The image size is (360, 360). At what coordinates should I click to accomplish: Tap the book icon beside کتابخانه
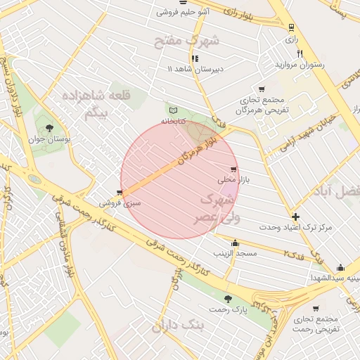(x=174, y=110)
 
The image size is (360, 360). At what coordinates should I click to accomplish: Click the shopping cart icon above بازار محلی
(x=233, y=169)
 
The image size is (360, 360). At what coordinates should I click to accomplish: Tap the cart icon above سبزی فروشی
(x=120, y=192)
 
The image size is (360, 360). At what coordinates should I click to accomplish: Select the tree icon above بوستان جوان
(x=49, y=128)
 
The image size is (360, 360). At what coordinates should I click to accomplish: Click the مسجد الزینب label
(x=236, y=252)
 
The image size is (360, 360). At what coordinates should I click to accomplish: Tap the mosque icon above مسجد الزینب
(x=235, y=243)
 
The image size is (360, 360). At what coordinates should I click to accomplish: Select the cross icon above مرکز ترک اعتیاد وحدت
(x=295, y=217)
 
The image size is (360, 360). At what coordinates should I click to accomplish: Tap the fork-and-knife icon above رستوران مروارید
(x=300, y=53)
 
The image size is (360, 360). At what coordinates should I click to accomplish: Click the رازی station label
(x=291, y=39)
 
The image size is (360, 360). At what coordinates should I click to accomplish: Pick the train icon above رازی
(x=291, y=27)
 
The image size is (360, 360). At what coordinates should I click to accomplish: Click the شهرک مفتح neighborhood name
(x=186, y=40)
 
